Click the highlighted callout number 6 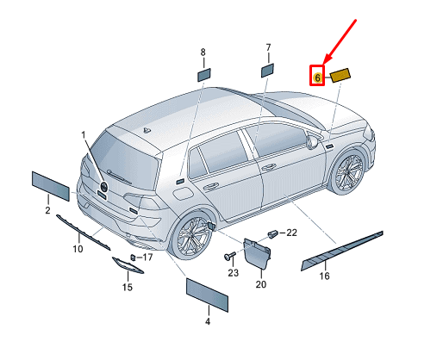click(317, 78)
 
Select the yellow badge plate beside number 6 click(340, 75)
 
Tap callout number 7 click(268, 47)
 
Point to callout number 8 click(203, 53)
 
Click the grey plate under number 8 click(203, 75)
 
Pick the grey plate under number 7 click(267, 71)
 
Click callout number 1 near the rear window click(84, 134)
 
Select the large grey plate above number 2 click(51, 186)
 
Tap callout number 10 click(78, 249)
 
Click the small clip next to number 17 click(133, 258)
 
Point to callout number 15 click(128, 287)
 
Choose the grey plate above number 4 click(207, 295)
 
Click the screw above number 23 click(230, 255)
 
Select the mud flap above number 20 click(257, 253)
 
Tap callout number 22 click(291, 233)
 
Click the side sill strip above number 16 click(342, 251)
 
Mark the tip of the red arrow click(323, 64)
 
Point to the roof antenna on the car click(147, 131)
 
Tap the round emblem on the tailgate click(103, 187)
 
